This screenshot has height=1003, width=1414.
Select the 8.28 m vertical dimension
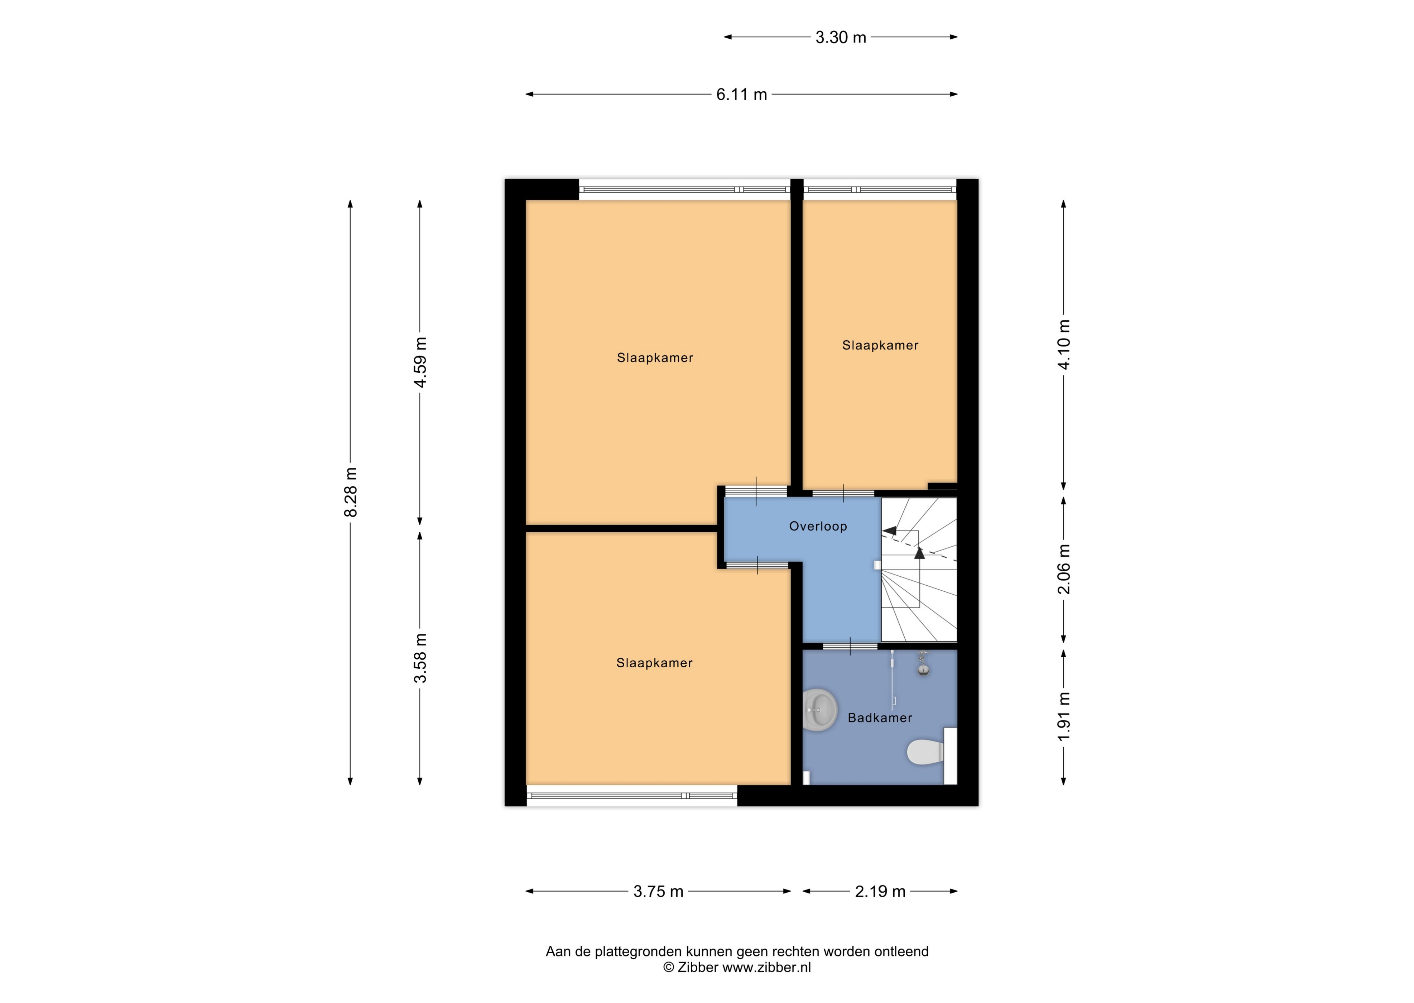(351, 492)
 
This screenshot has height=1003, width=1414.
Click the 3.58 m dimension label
(420, 658)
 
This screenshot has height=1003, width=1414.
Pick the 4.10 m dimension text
(1063, 345)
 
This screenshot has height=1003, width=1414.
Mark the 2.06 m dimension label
(1063, 569)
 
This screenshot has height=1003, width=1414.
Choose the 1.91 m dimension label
(1063, 717)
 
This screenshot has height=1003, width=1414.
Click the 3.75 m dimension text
(658, 891)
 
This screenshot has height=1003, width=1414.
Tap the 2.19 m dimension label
(880, 891)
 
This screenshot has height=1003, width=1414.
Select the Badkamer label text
(880, 718)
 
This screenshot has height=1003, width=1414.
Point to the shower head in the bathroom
(923, 666)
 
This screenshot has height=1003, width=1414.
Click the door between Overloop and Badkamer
(850, 646)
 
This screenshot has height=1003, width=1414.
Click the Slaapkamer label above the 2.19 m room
(880, 345)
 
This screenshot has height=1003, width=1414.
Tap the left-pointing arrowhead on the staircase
(890, 530)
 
